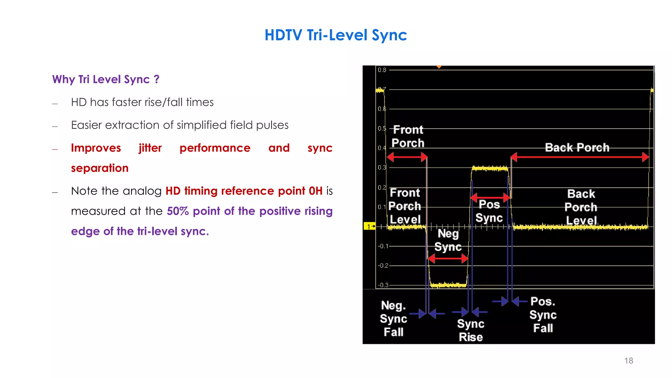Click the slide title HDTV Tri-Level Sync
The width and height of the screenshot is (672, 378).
(336, 35)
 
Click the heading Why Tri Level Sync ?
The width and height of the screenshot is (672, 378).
(106, 79)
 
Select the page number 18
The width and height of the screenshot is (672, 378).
(628, 361)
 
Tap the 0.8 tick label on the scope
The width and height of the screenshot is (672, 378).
(382, 70)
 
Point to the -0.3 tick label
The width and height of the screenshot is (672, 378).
(383, 285)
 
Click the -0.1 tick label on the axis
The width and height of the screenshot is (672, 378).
(383, 246)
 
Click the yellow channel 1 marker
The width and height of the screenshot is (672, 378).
(369, 226)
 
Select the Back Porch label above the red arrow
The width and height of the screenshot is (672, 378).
(577, 147)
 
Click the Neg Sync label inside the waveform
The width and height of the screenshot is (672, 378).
(448, 240)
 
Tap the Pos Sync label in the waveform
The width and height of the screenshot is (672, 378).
(489, 211)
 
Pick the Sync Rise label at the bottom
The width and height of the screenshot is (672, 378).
(471, 330)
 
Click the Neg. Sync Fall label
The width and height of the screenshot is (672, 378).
(393, 318)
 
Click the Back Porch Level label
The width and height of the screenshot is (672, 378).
(581, 207)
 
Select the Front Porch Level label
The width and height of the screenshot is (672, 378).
(405, 206)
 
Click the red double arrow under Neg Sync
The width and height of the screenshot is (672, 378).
(448, 259)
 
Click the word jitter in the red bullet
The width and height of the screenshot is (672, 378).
(150, 148)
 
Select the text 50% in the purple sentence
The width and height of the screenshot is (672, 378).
(178, 211)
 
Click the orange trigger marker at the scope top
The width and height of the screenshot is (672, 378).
(439, 67)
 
